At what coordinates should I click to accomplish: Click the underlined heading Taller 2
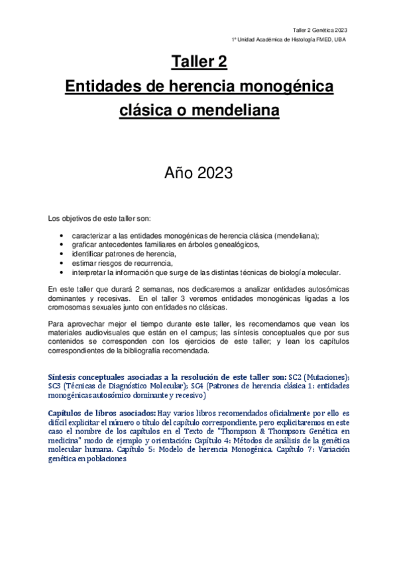(199, 62)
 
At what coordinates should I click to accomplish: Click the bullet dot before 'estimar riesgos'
(61, 263)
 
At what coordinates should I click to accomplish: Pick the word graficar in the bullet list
(84, 245)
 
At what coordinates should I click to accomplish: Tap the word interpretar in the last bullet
(91, 272)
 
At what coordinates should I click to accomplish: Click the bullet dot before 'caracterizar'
(61, 235)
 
